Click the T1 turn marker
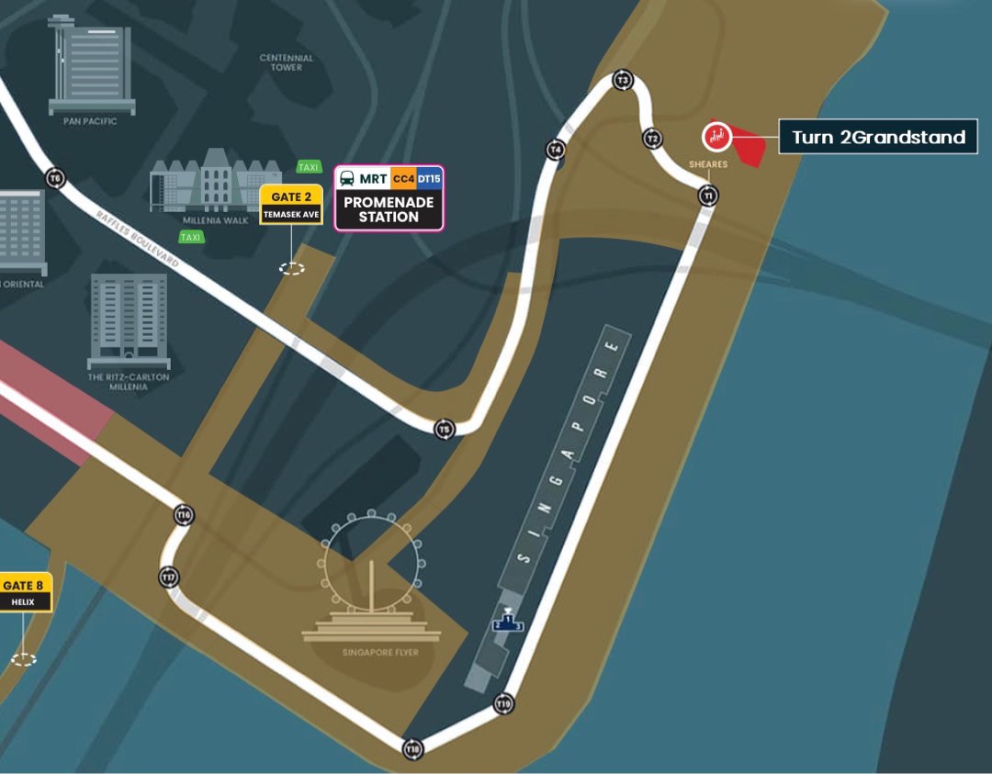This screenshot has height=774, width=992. pyautogui.click(x=707, y=196)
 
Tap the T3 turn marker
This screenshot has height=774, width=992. pyautogui.click(x=624, y=81)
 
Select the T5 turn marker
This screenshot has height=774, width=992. pyautogui.click(x=445, y=429)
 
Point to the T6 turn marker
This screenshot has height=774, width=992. pyautogui.click(x=56, y=177)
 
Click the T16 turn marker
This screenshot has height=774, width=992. pyautogui.click(x=185, y=514)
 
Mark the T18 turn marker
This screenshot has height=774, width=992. pyautogui.click(x=412, y=748)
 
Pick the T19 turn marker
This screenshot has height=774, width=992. pyautogui.click(x=503, y=704)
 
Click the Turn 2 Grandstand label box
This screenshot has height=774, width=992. pyautogui.click(x=878, y=138)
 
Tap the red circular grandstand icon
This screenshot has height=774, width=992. pyautogui.click(x=716, y=137)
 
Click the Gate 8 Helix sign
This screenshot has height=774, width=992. pyautogui.click(x=24, y=592)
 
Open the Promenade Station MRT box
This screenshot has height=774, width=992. pyautogui.click(x=389, y=198)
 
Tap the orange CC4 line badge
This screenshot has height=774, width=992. pyautogui.click(x=403, y=178)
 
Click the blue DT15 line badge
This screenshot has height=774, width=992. pyautogui.click(x=429, y=178)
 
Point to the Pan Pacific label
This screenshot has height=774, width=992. pyautogui.click(x=90, y=121)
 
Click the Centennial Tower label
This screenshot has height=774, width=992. pyautogui.click(x=286, y=62)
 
